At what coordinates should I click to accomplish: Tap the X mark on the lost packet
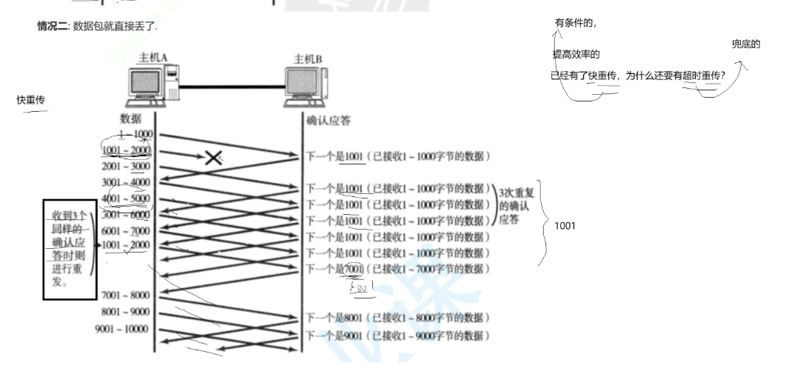pos(214,157)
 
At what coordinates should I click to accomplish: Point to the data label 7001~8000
pos(126,295)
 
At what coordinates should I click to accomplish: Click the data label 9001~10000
pos(121,329)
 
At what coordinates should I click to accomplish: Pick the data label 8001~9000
pos(126,312)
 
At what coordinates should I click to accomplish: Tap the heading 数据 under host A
pos(130,118)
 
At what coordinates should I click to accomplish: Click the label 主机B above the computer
pos(308,59)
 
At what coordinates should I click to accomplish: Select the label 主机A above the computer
pos(153,59)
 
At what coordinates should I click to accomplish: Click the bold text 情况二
pos(53,27)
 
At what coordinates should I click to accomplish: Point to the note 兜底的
pos(746,44)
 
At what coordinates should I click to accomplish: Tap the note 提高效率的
pos(576,55)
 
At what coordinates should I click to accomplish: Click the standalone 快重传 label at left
pos(31,99)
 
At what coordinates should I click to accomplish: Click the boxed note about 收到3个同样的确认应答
pos(67,248)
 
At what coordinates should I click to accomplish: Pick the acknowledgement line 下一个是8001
pos(397,318)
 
